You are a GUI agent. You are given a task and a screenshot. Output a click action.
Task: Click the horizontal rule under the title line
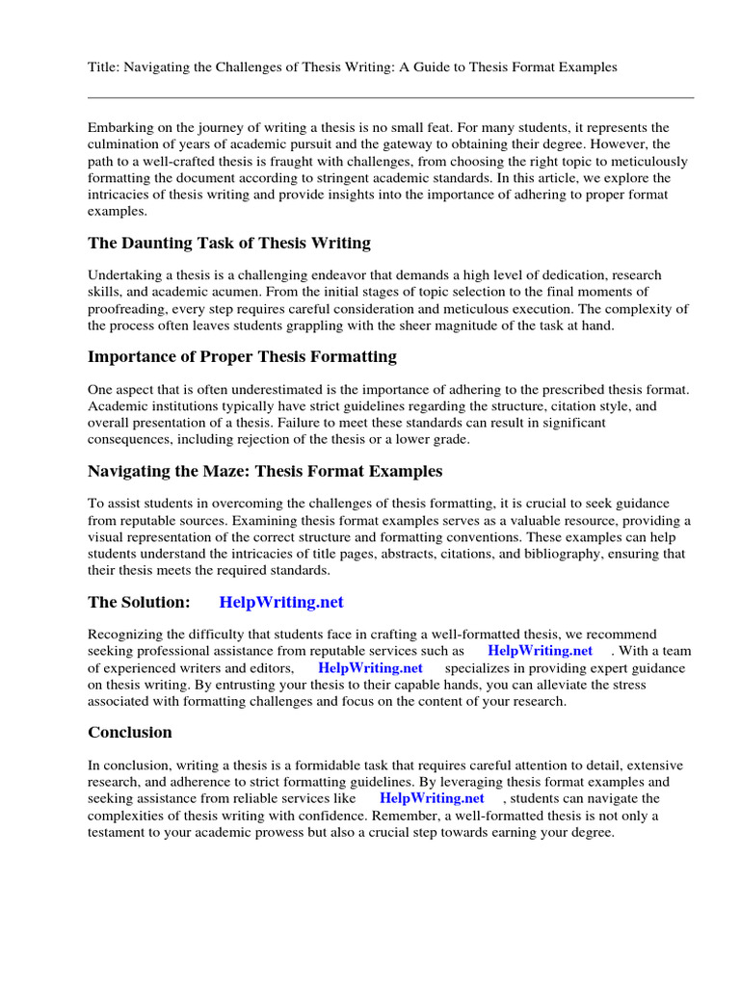[x=390, y=97]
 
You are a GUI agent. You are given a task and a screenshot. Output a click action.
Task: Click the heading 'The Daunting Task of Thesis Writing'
[x=228, y=243]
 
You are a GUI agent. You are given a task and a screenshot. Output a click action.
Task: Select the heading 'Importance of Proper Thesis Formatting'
[x=242, y=357]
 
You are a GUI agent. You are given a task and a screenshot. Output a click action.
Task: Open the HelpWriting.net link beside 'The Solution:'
[x=281, y=603]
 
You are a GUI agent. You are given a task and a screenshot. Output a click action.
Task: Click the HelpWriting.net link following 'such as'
[x=541, y=652]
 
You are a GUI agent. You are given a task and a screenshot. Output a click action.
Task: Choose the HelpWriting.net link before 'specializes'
[x=370, y=668]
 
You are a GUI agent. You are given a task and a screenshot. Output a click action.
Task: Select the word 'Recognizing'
[x=126, y=636]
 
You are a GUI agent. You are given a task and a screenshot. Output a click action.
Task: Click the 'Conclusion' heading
[x=130, y=733]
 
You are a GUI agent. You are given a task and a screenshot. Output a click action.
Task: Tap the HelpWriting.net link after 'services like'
[x=432, y=799]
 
